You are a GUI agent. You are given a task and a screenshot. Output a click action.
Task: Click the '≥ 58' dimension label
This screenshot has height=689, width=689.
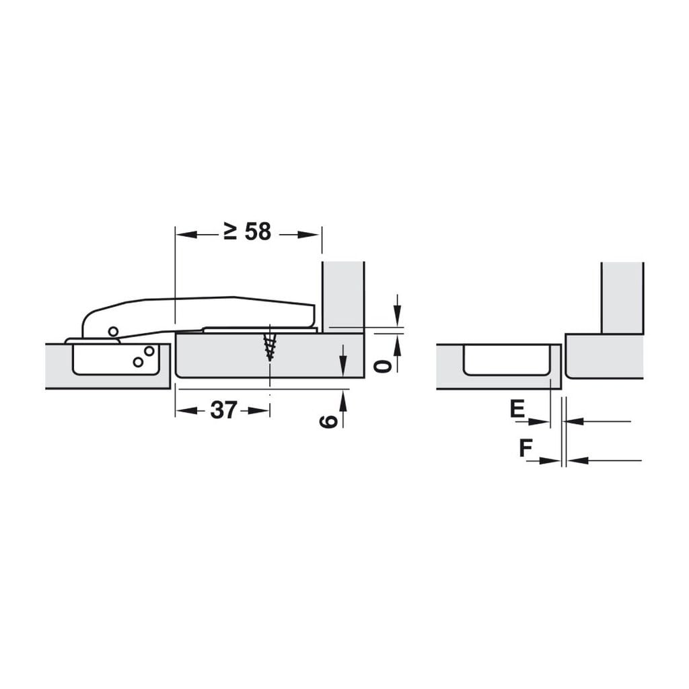tap(248, 232)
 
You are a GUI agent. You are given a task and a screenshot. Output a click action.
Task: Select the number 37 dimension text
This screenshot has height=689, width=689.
tap(223, 410)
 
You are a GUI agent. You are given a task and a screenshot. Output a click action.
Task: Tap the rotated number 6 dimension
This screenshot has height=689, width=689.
tap(328, 421)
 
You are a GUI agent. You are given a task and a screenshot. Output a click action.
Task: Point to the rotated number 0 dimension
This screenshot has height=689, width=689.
tap(382, 365)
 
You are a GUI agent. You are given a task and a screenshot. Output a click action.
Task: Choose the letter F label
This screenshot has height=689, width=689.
tap(525, 448)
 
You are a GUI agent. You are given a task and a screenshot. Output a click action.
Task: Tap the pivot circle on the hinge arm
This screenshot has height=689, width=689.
tap(112, 331)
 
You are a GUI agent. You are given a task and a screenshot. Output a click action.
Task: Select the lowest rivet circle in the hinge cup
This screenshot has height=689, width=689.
tap(138, 362)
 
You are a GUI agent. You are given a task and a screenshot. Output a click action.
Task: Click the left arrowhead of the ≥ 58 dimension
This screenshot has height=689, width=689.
tap(186, 234)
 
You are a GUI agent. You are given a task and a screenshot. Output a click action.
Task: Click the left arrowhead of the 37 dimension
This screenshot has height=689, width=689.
tap(186, 410)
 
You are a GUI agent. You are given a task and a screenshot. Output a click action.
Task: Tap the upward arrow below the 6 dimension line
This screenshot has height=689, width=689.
tap(344, 402)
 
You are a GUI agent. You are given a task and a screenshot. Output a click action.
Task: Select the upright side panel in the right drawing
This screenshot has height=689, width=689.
tap(622, 297)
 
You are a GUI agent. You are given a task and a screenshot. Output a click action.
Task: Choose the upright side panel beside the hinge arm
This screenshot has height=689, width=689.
tap(343, 296)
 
